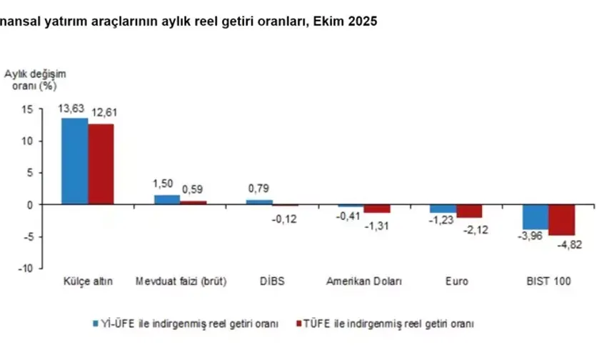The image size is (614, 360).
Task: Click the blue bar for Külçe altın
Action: click(74, 161)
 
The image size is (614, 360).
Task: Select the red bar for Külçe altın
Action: click(101, 164)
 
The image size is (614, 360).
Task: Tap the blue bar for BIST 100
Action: click(535, 217)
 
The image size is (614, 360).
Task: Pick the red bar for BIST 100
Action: click(561, 220)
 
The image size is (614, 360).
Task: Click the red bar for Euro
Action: click(469, 211)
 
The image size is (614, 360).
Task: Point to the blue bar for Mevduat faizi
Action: click(166, 200)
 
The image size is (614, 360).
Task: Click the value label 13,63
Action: click(73, 109)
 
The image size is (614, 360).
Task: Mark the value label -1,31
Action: click(377, 226)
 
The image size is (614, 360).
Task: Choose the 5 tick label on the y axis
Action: click(30, 173)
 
